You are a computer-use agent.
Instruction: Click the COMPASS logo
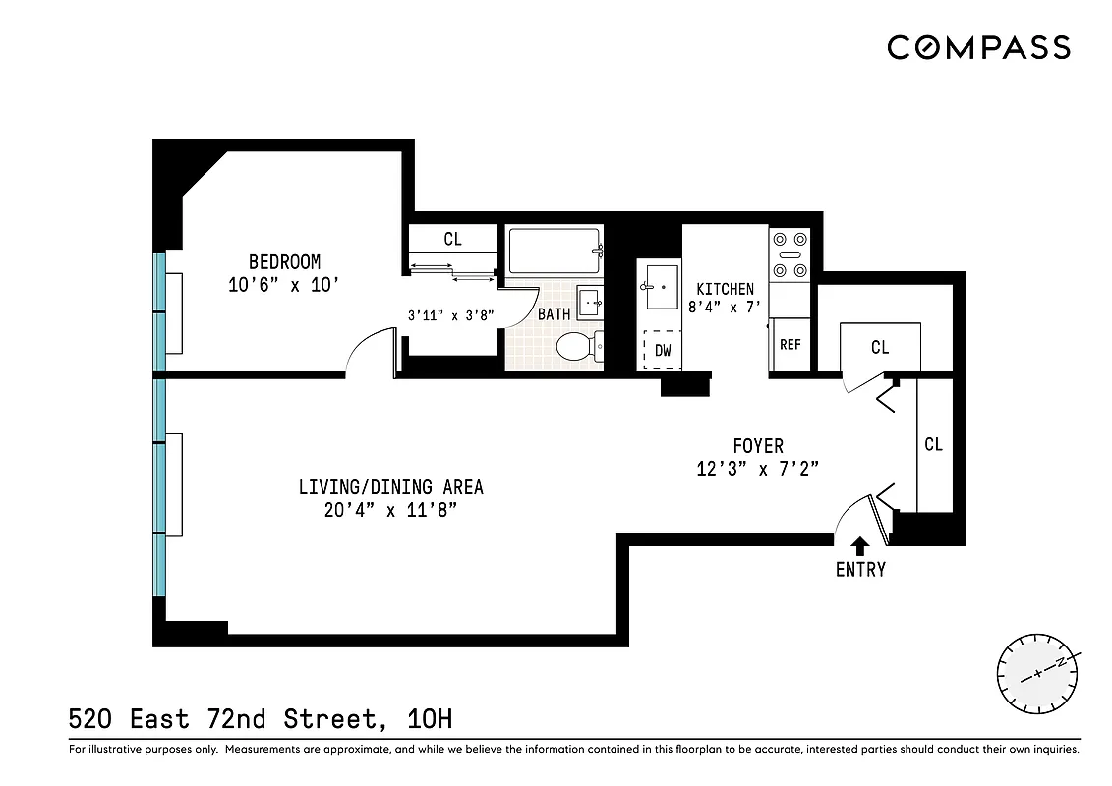pyautogui.click(x=978, y=47)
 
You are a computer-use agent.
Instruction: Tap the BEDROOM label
pyautogui.click(x=284, y=262)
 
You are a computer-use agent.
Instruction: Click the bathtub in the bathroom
pyautogui.click(x=553, y=251)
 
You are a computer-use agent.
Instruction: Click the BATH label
pyautogui.click(x=554, y=314)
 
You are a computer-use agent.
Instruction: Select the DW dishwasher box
pyautogui.click(x=663, y=350)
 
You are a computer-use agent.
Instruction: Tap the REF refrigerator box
pyautogui.click(x=790, y=345)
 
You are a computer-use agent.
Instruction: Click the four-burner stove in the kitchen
pyautogui.click(x=790, y=254)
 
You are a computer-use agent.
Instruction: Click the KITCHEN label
pyautogui.click(x=725, y=289)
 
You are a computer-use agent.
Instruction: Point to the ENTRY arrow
pyautogui.click(x=860, y=545)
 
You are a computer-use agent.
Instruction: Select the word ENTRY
pyautogui.click(x=860, y=570)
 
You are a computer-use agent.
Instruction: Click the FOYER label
pyautogui.click(x=758, y=446)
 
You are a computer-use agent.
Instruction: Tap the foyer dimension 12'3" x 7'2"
pyautogui.click(x=758, y=469)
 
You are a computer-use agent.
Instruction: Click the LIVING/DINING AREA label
pyautogui.click(x=390, y=487)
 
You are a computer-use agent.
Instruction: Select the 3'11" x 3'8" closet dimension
pyautogui.click(x=450, y=315)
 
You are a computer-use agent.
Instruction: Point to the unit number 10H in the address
pyautogui.click(x=429, y=719)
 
